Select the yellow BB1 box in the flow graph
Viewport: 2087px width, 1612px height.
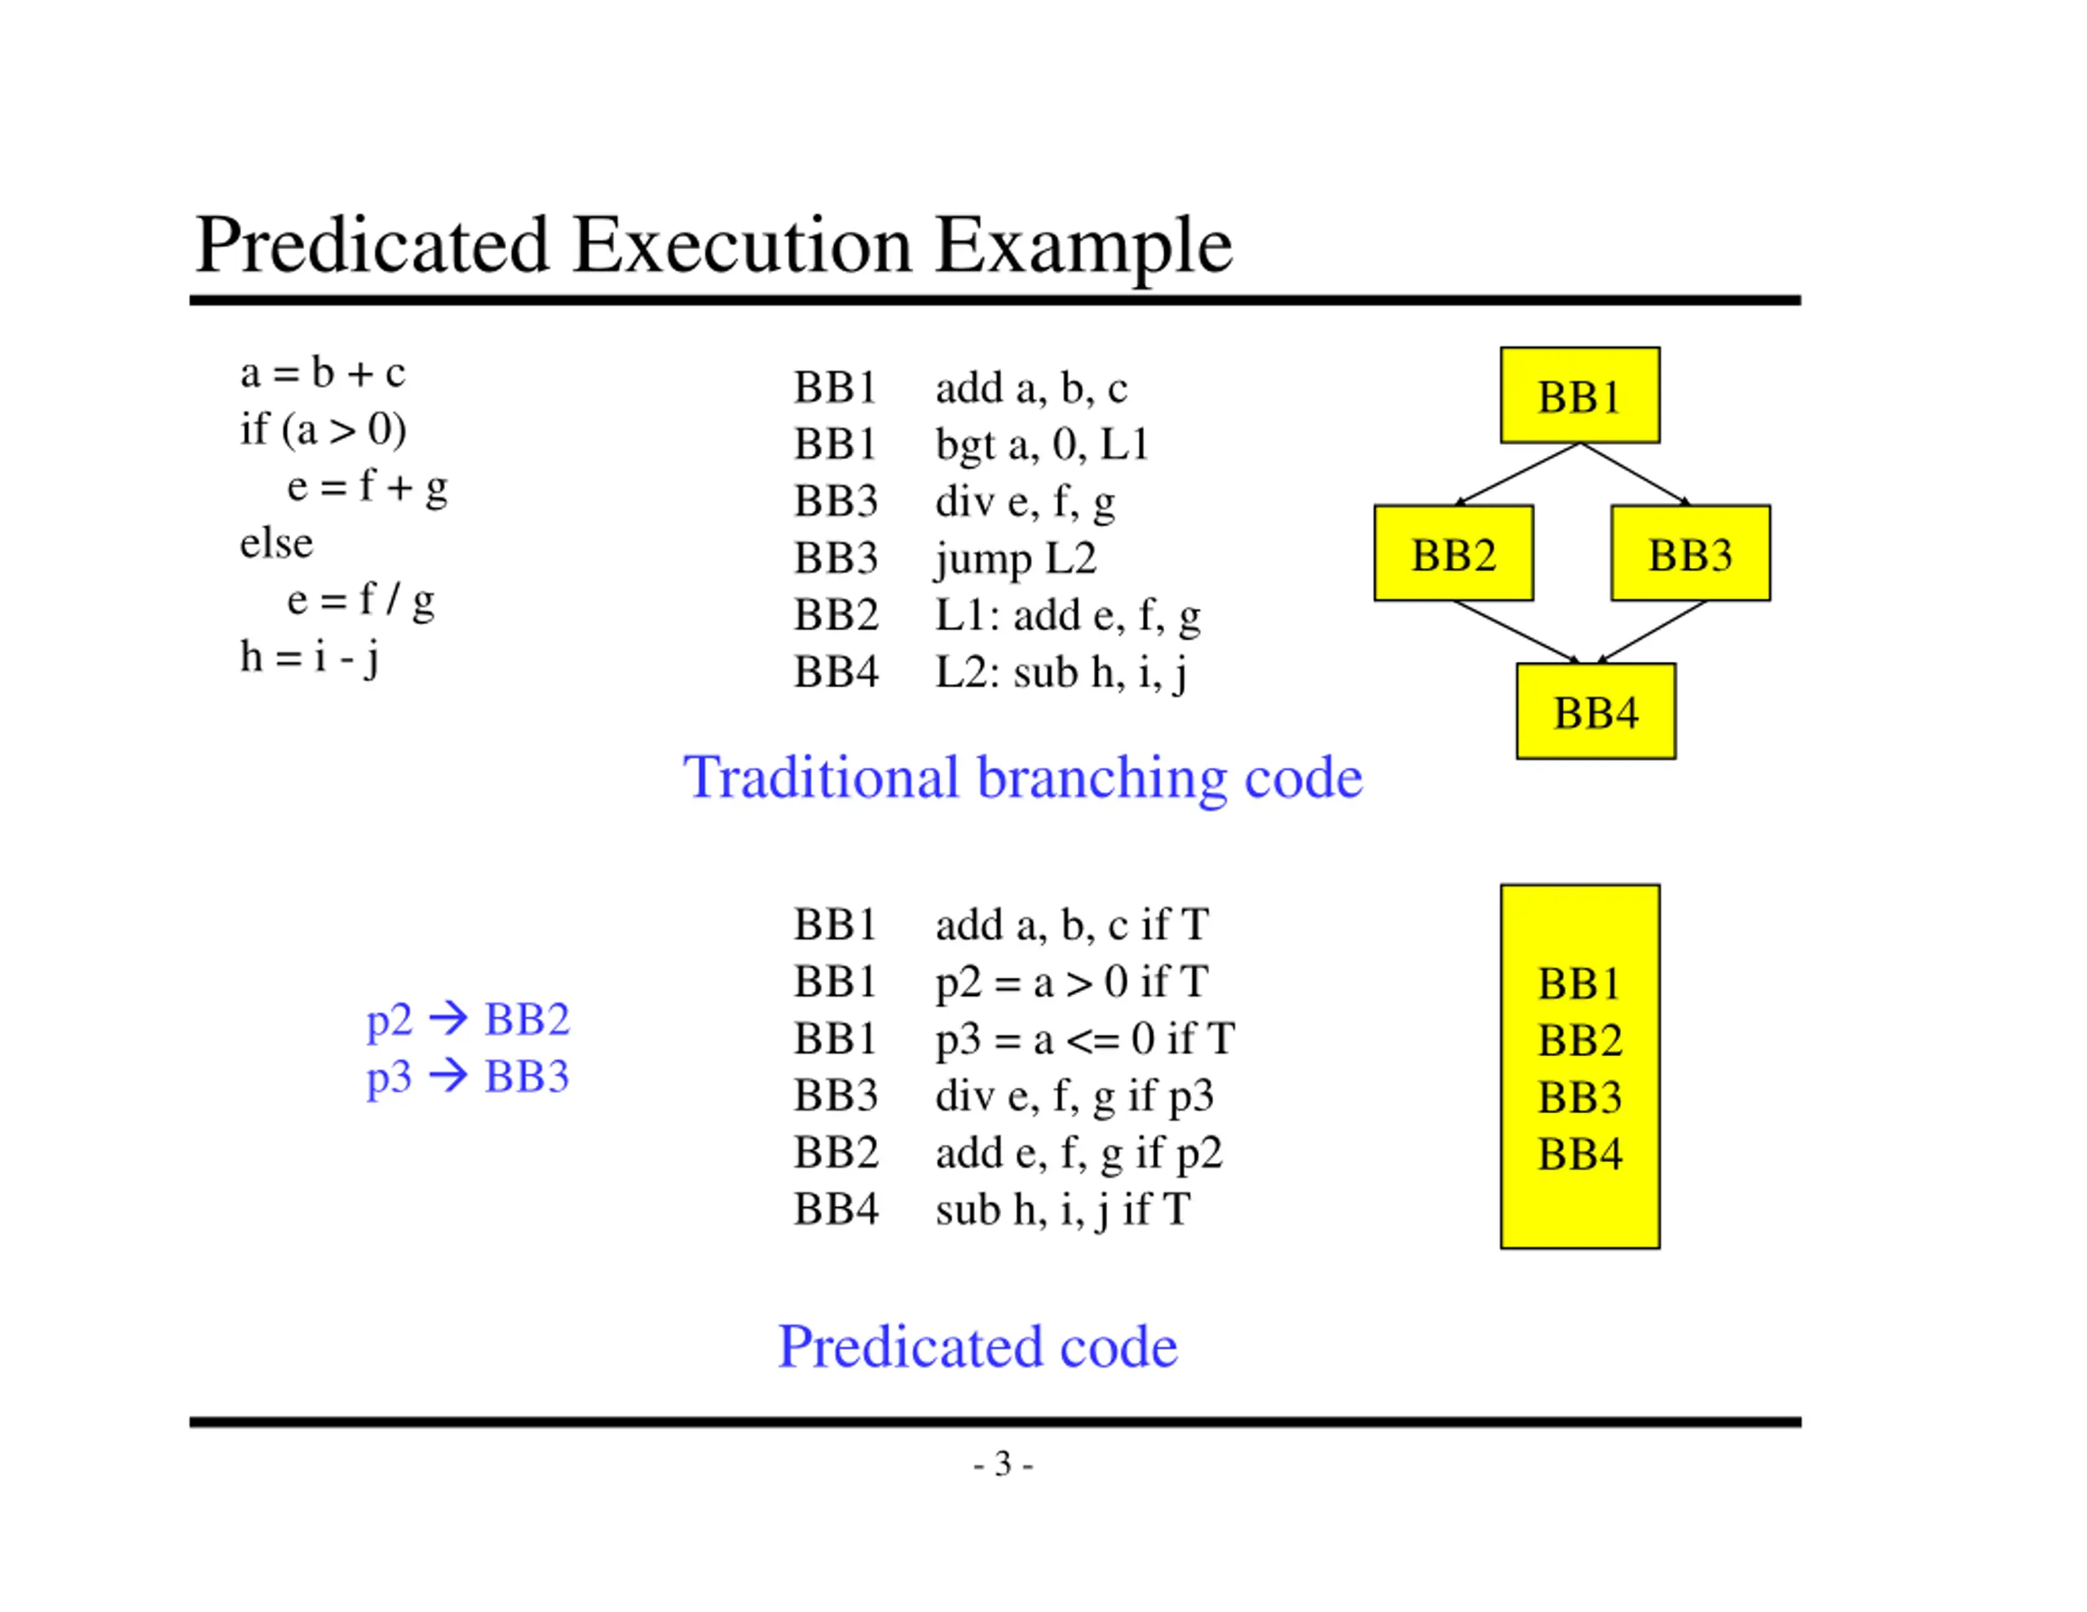[1580, 394]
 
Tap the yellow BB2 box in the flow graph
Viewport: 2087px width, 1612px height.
[1454, 553]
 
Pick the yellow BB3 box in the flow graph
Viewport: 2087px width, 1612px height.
[1691, 553]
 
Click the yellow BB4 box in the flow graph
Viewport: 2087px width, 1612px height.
[1596, 711]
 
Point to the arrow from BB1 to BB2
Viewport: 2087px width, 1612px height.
[1516, 474]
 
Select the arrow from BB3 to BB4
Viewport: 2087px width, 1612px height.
[1651, 632]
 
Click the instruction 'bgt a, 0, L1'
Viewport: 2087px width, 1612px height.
[1042, 444]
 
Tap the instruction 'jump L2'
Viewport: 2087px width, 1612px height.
[1016, 558]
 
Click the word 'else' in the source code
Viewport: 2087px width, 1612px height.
[276, 543]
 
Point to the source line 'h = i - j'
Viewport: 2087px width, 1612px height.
[309, 658]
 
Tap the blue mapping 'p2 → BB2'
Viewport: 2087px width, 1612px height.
[468, 1020]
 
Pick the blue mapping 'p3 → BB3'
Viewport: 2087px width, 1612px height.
[468, 1077]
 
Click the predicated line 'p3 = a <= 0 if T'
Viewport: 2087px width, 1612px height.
[1084, 1039]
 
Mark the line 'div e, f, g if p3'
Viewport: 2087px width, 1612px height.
[1074, 1096]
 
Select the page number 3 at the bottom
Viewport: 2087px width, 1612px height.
[1003, 1463]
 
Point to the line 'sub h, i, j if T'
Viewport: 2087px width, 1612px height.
[1062, 1209]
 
